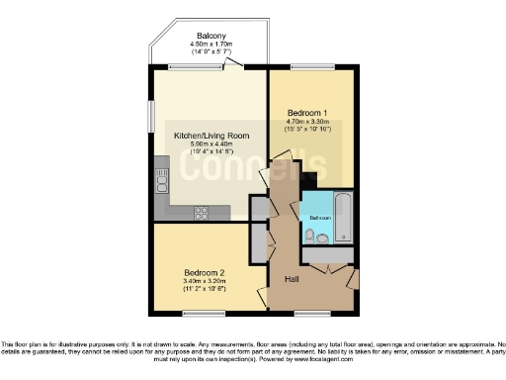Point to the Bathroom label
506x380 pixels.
tap(320, 217)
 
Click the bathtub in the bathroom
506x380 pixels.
tap(342, 218)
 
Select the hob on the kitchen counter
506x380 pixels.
tap(202, 211)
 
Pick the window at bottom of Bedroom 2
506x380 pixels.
tap(203, 315)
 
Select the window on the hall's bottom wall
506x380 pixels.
tap(314, 315)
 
